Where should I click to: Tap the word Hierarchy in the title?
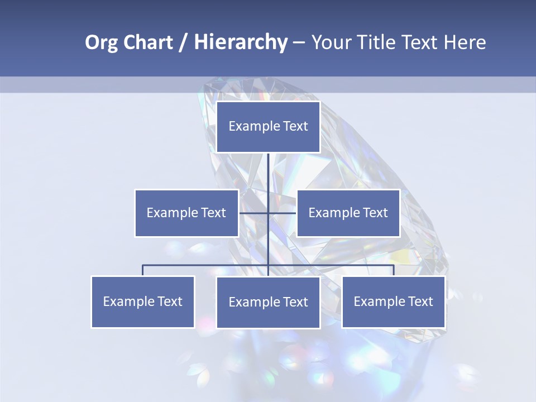point(241,42)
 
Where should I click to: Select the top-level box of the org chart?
point(268,127)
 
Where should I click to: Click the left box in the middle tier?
point(186,213)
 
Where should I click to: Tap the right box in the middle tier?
point(348,213)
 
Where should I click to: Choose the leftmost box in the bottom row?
point(143,301)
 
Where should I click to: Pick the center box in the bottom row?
point(268,302)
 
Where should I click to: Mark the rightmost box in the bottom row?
point(394,301)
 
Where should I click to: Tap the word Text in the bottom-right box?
point(420,301)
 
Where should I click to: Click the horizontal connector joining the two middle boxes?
point(282,213)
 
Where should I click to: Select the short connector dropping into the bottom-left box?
point(143,270)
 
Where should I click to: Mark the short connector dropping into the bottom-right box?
point(394,270)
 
